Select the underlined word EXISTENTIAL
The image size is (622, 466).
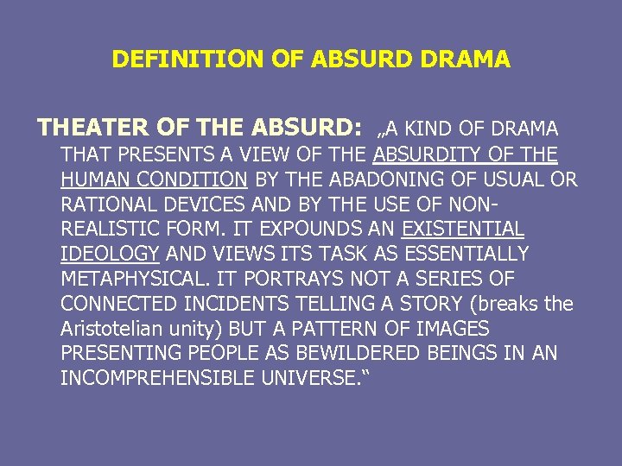click(x=463, y=230)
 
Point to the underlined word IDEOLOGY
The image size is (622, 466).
click(x=110, y=255)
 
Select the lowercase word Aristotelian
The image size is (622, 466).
click(x=117, y=330)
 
